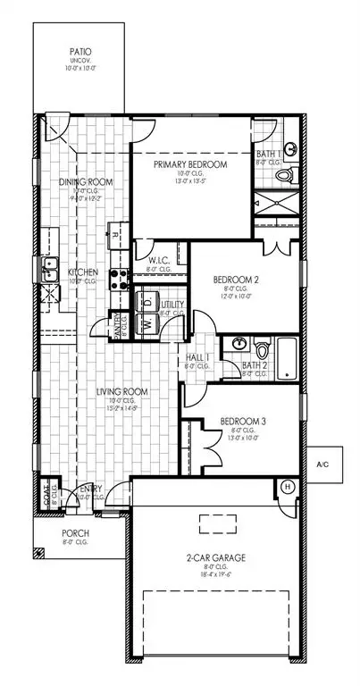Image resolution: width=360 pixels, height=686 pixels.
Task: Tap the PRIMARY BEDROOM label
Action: [189, 165]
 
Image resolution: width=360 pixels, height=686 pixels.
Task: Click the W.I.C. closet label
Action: [147, 261]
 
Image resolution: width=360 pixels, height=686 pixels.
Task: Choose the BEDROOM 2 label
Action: [238, 280]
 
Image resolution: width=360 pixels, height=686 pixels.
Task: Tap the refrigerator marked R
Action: [115, 235]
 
